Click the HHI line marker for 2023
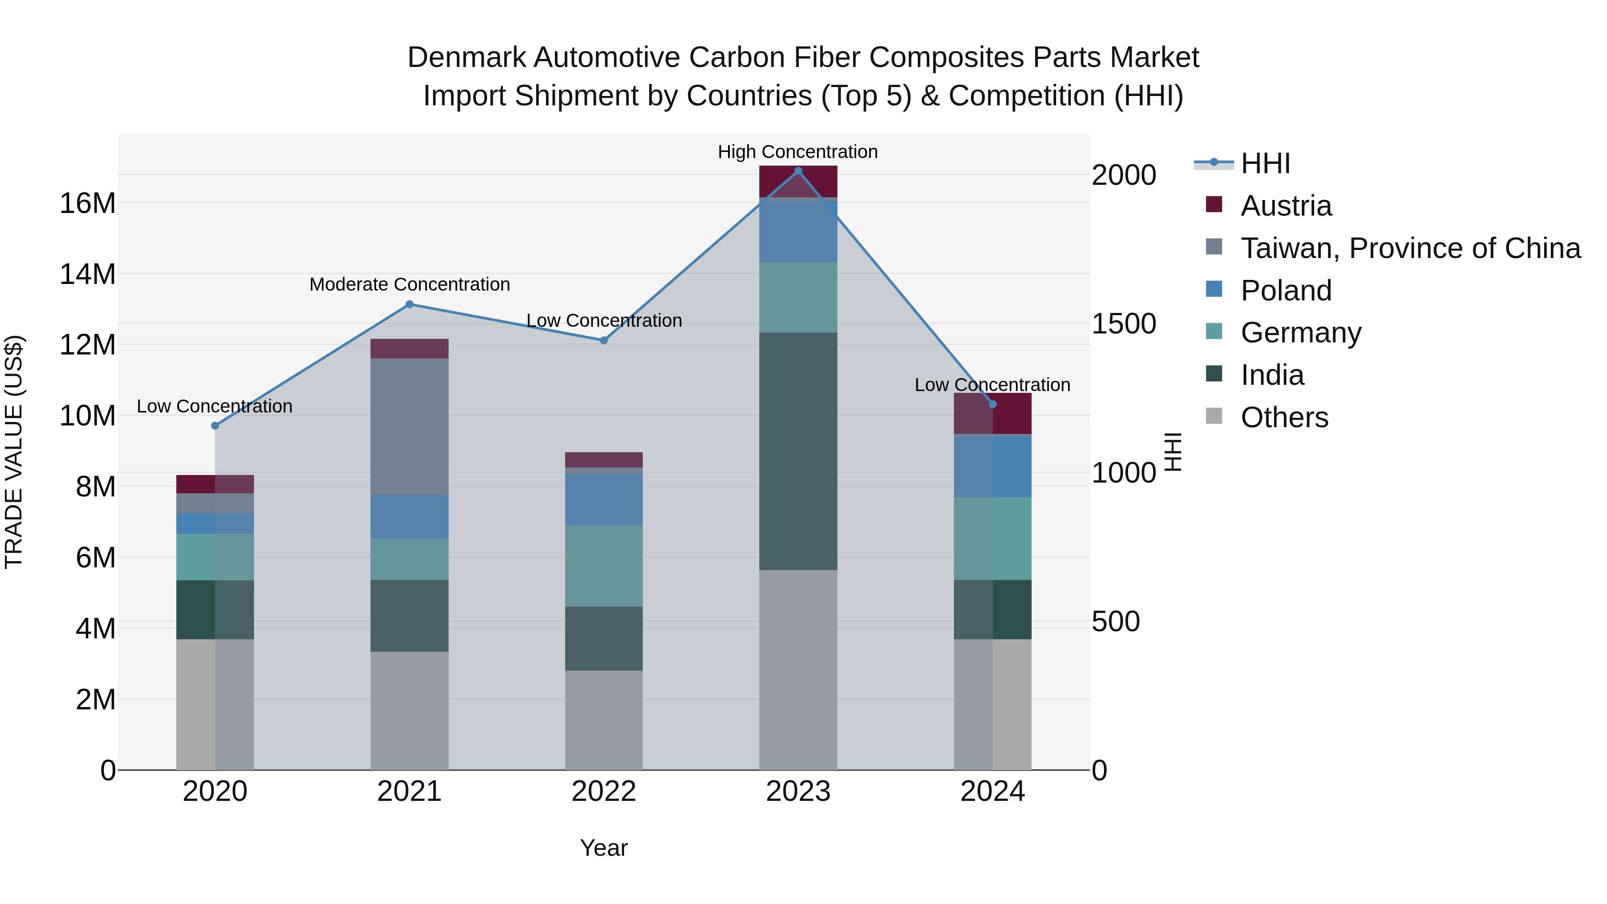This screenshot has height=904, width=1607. click(x=798, y=171)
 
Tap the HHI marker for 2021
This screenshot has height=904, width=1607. click(x=409, y=304)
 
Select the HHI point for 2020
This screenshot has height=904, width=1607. click(x=215, y=425)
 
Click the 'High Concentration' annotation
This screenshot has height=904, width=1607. click(x=797, y=152)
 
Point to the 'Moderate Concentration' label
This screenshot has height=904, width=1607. click(x=409, y=284)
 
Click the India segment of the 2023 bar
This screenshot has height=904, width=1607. click(x=798, y=450)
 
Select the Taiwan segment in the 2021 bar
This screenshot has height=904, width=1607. click(x=409, y=426)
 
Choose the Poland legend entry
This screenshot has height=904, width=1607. click(x=1286, y=291)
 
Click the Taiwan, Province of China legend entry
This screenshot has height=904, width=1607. click(x=1410, y=248)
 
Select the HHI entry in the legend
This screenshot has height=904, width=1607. click(x=1265, y=163)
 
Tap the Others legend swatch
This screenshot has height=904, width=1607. click(x=1214, y=416)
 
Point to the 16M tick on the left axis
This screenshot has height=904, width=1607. click(x=87, y=204)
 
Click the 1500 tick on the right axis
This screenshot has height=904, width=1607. click(x=1124, y=323)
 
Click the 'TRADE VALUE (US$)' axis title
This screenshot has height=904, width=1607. click(x=14, y=452)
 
